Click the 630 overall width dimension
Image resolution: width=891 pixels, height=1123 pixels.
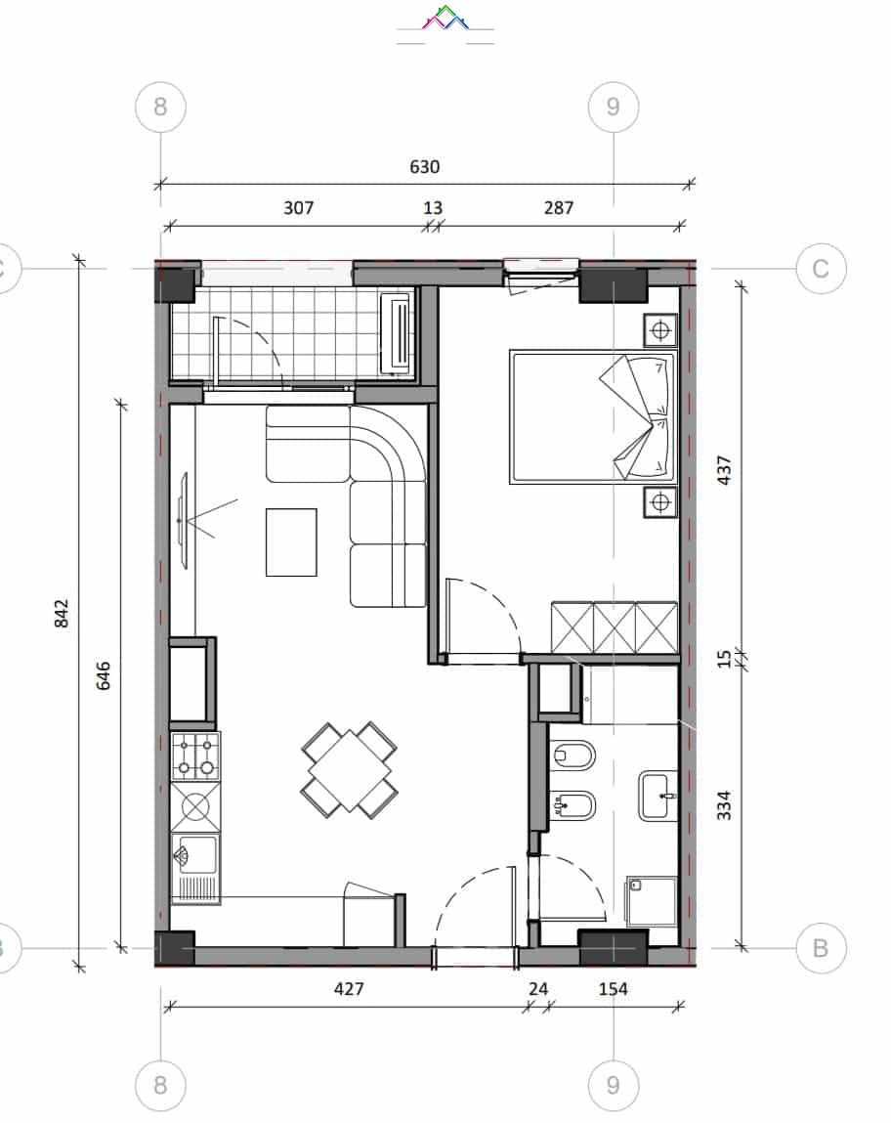tap(424, 167)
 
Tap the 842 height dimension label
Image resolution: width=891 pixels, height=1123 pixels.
tap(62, 614)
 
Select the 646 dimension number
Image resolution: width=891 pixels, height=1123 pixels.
tap(103, 675)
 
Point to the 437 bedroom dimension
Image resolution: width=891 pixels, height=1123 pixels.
tap(724, 470)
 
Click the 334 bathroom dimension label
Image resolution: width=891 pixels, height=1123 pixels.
tap(724, 805)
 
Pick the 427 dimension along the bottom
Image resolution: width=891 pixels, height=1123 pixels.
tap(349, 988)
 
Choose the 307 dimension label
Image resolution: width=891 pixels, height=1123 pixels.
tap(298, 208)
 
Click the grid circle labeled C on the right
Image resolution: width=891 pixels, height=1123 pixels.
tap(821, 269)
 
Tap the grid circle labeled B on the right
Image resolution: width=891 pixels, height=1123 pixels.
tap(821, 948)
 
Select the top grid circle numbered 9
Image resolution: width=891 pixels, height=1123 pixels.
tap(614, 107)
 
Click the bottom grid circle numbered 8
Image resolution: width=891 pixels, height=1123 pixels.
tap(160, 1085)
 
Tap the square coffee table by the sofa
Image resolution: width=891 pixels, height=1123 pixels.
tap(291, 542)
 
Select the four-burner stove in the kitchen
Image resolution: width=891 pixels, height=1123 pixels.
tap(195, 756)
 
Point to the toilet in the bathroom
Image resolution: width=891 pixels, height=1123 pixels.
tap(573, 755)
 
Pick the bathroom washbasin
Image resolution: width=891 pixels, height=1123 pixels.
tap(658, 796)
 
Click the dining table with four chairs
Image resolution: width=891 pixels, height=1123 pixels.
tap(349, 770)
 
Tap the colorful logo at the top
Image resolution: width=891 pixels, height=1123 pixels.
tap(445, 18)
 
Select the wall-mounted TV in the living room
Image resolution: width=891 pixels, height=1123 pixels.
tap(184, 521)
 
